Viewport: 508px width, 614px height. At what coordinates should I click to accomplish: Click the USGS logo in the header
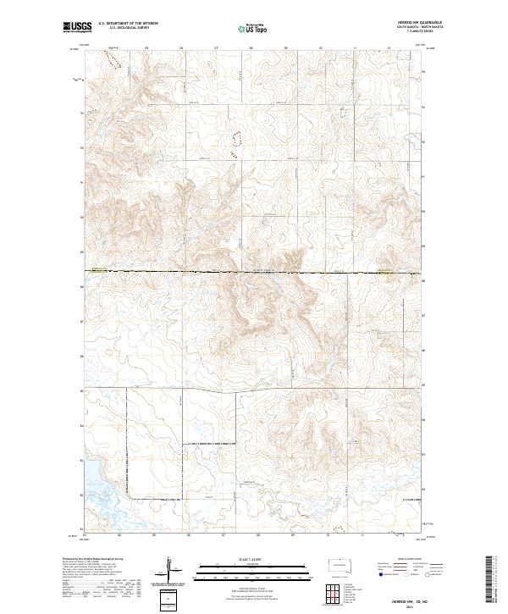pos(75,28)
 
